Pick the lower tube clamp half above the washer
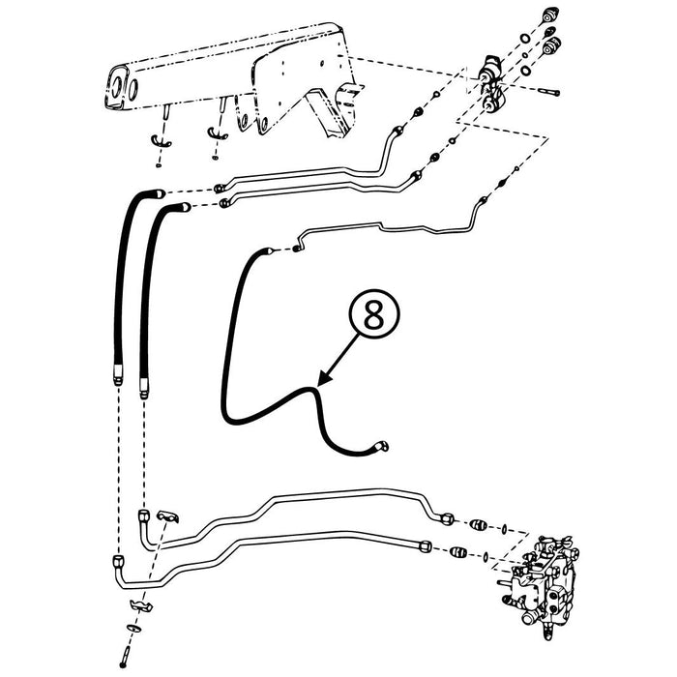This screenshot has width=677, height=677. click(139, 606)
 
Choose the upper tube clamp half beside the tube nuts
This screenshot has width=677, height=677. click(165, 519)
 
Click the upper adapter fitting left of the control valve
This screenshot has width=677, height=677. click(477, 525)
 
